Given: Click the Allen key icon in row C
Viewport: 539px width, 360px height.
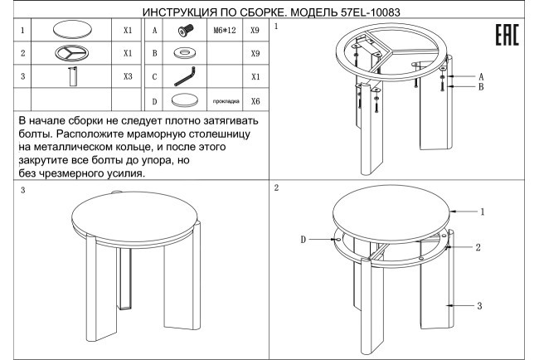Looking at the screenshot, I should pyautogui.click(x=183, y=77).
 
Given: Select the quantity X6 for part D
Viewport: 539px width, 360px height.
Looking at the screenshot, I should pyautogui.click(x=255, y=101).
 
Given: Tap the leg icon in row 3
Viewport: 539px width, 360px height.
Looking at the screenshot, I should pyautogui.click(x=73, y=77).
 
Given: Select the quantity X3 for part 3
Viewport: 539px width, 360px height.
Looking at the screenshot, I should pyautogui.click(x=127, y=76).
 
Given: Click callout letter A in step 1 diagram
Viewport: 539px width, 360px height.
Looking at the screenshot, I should pyautogui.click(x=480, y=75).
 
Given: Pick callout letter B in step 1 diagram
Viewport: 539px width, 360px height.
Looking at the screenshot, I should pyautogui.click(x=480, y=86).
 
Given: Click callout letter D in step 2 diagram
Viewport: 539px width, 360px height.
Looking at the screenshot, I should pyautogui.click(x=303, y=239).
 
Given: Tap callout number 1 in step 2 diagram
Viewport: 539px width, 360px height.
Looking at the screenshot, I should pyautogui.click(x=482, y=212).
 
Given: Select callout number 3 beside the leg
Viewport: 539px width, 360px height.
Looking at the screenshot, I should pyautogui.click(x=480, y=305).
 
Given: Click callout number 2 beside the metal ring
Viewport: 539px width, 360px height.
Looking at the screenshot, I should pyautogui.click(x=478, y=247).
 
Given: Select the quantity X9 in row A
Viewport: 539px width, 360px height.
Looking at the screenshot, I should pyautogui.click(x=255, y=30).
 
